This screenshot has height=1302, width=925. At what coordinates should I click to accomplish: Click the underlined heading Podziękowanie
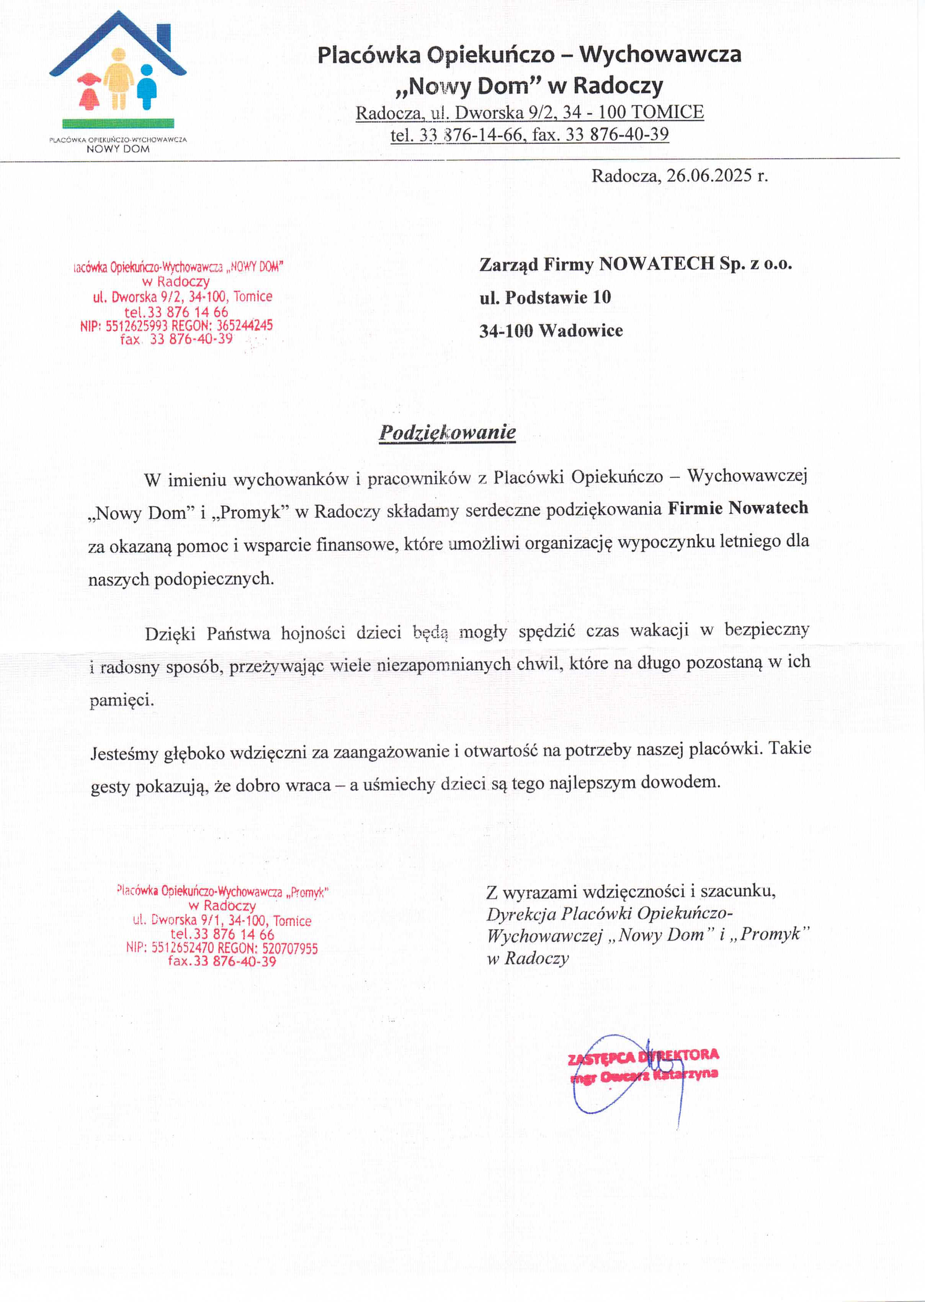(447, 432)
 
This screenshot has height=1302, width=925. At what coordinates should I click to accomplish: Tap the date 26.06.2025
(709, 176)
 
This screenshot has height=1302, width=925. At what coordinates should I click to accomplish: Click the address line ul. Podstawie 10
(545, 297)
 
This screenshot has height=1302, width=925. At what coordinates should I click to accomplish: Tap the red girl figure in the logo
(90, 91)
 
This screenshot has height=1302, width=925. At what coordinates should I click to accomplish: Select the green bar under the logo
(118, 123)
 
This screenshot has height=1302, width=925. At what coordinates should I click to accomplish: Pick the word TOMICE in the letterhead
(668, 112)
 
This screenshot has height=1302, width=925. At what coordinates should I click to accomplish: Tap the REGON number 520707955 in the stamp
(290, 949)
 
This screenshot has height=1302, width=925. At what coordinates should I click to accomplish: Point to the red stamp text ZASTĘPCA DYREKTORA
(643, 1056)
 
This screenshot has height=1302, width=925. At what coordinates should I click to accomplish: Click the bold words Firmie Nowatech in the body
(738, 508)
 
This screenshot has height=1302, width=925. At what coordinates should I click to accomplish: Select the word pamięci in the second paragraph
(121, 699)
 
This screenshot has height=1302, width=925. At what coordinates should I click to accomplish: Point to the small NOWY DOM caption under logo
(118, 149)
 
